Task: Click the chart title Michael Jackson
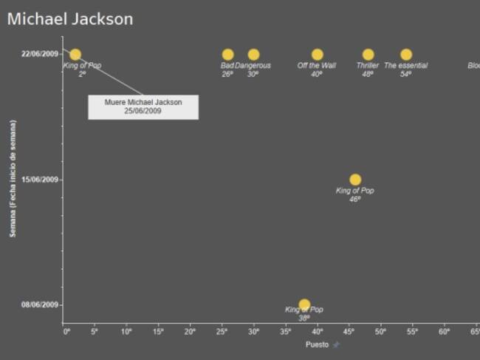(x=70, y=19)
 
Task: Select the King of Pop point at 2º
(x=75, y=55)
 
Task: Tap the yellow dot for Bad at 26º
(x=227, y=55)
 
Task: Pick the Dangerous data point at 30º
(x=253, y=55)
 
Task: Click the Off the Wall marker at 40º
(x=317, y=55)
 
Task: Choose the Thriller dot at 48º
(x=368, y=55)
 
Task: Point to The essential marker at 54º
(x=405, y=55)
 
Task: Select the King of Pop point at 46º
(x=355, y=180)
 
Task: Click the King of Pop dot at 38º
(x=304, y=305)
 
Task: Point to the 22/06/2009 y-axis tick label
(x=40, y=54)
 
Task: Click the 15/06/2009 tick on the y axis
(x=40, y=180)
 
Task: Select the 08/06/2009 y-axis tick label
(x=40, y=305)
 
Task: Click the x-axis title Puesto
(x=317, y=344)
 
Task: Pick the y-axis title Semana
(x=13, y=179)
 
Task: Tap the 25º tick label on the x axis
(x=222, y=332)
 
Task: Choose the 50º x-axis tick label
(x=380, y=332)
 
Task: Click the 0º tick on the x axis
(x=66, y=332)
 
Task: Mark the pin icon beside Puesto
(x=336, y=344)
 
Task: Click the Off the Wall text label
(x=317, y=66)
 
